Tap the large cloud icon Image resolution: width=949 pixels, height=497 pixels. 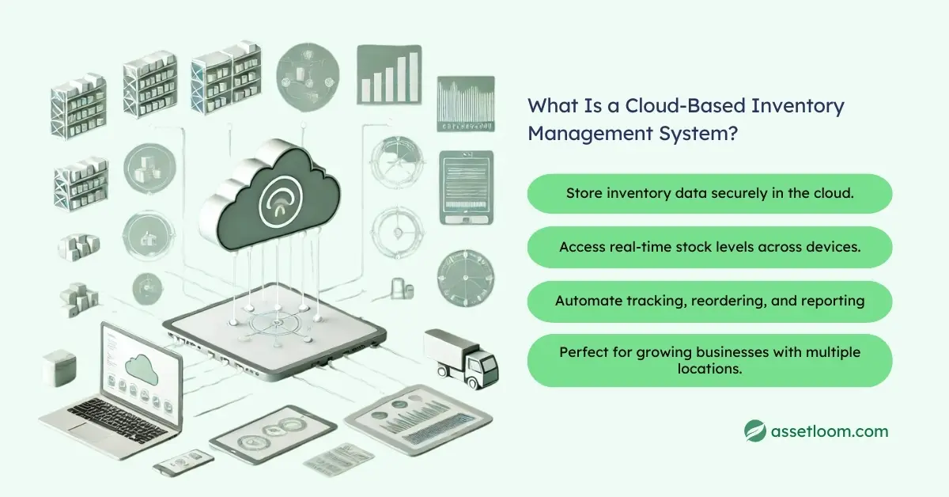point(270,195)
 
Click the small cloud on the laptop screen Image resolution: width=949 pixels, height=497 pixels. point(141,366)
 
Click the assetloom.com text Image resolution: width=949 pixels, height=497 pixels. point(830,431)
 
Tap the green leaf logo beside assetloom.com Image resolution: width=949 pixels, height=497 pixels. point(756,431)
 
